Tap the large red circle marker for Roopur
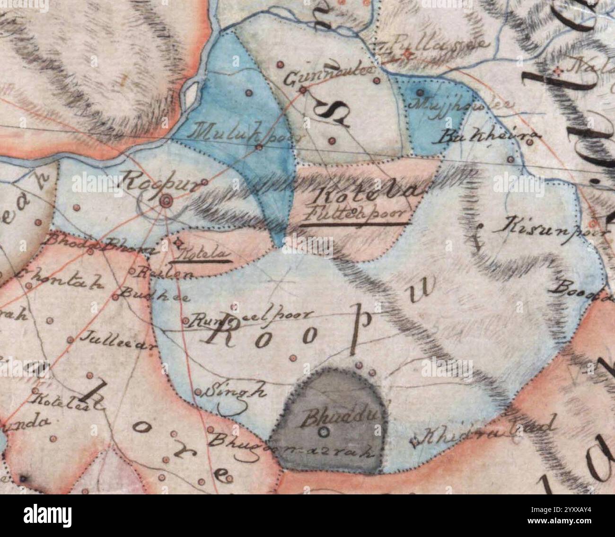click(x=166, y=202)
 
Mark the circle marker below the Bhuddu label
click(x=324, y=431)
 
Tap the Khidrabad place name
click(x=485, y=432)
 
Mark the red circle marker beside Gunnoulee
click(x=303, y=88)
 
